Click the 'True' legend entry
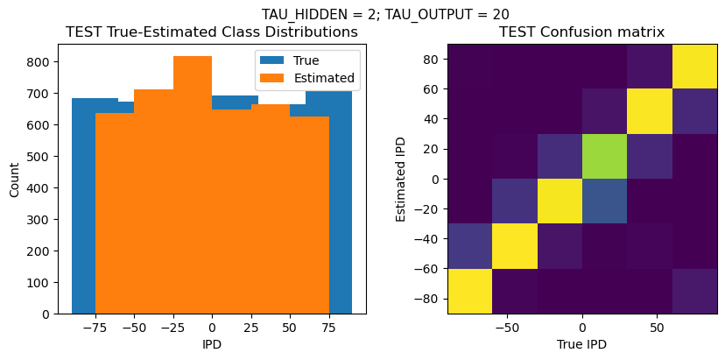(x=306, y=60)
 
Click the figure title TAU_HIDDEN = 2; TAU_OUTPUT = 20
(x=385, y=14)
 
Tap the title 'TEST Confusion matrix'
(x=581, y=32)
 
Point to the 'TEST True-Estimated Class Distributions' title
(x=212, y=32)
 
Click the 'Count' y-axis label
(x=14, y=179)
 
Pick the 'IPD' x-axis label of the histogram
(x=212, y=344)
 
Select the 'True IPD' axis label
(x=581, y=344)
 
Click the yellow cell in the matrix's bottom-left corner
(x=469, y=292)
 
